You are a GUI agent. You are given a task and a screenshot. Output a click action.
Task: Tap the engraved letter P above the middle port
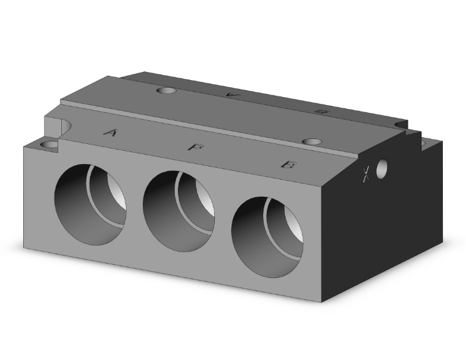tap(195, 147)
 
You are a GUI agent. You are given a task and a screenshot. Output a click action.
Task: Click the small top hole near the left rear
tap(167, 91)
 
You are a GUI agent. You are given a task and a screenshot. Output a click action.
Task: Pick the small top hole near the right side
tap(311, 141)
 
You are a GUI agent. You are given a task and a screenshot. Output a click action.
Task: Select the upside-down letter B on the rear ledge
tap(321, 111)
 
